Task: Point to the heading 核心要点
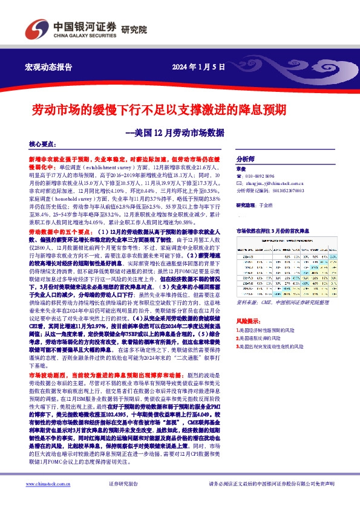[42, 144]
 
